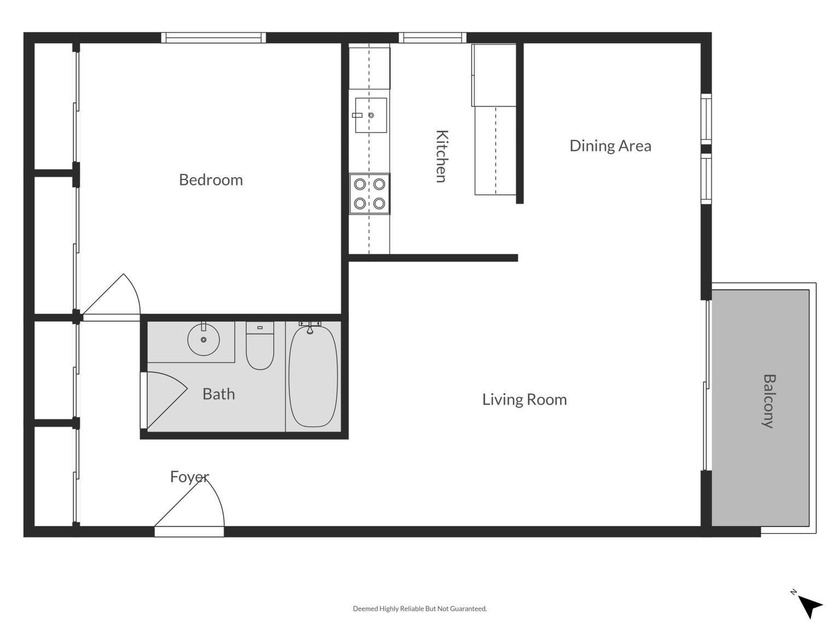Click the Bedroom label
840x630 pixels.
tap(210, 180)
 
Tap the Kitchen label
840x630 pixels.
tap(441, 156)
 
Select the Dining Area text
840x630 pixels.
tap(610, 146)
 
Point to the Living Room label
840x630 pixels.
tap(524, 400)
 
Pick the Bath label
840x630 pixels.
tap(218, 394)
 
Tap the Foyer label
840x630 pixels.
tap(188, 477)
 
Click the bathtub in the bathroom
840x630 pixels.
tap(313, 375)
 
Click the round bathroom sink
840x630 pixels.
tap(204, 340)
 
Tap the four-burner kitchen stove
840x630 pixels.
tap(369, 194)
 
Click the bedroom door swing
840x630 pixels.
tap(115, 298)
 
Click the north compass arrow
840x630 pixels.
tap(810, 603)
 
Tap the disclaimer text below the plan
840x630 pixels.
tap(419, 608)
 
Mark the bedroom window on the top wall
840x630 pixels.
tap(214, 38)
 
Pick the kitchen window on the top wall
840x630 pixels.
tap(433, 38)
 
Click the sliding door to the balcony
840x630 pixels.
tap(706, 384)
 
